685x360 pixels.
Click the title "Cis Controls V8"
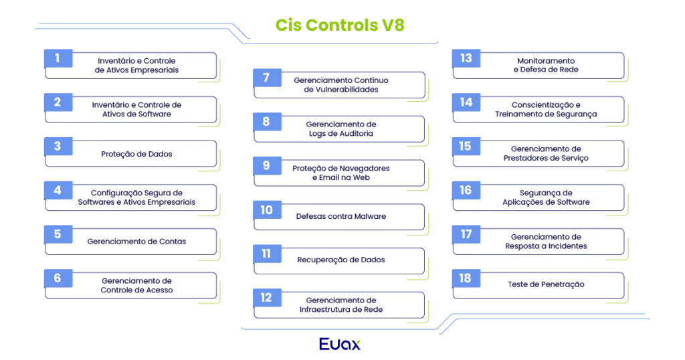(x=340, y=25)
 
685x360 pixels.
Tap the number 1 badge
(x=58, y=58)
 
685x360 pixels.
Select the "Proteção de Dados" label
(x=136, y=154)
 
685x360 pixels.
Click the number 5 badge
(x=58, y=234)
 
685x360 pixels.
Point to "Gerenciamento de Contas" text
(x=136, y=242)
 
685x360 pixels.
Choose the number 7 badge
(x=266, y=78)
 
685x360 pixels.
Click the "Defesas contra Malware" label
(x=341, y=216)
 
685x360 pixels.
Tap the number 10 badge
(x=266, y=210)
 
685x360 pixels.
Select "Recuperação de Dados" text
(x=341, y=260)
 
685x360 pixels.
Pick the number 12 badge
(x=266, y=297)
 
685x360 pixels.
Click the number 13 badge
(x=466, y=58)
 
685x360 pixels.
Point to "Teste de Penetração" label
(x=546, y=284)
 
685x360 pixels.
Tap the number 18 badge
(x=466, y=278)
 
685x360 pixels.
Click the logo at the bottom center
(x=340, y=344)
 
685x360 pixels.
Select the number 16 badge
(x=466, y=190)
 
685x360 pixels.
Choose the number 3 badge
(x=58, y=146)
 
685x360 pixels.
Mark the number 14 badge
(x=466, y=102)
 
